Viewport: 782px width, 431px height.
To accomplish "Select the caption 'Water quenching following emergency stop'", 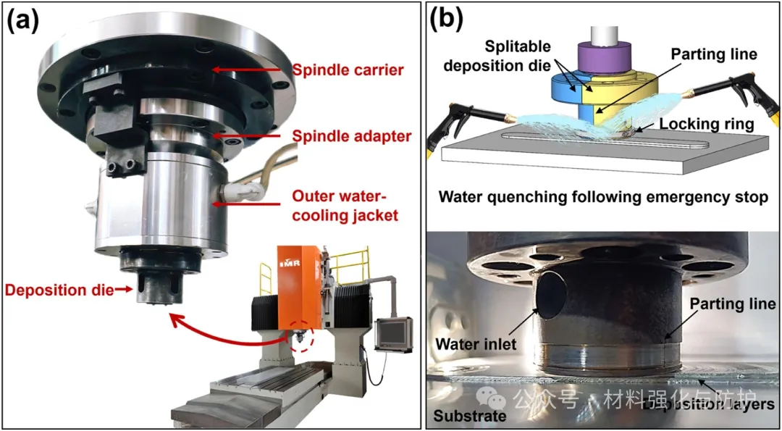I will (602, 197).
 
